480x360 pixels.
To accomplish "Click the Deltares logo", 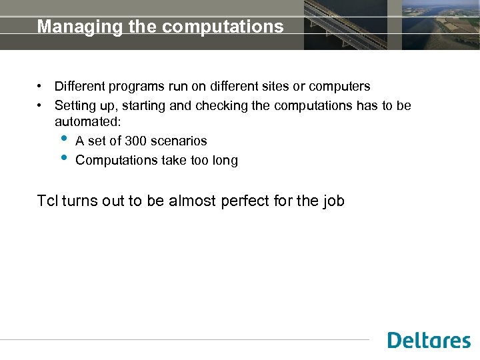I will tap(429, 340).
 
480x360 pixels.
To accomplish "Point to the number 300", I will tap(136, 141).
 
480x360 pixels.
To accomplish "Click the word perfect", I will tap(243, 201).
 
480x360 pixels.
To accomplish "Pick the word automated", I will tap(87, 123).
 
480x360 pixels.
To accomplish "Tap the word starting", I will tap(146, 105).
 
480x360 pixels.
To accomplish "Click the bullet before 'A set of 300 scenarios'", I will tap(63, 139).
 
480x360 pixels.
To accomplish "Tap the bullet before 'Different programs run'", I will tap(41, 86).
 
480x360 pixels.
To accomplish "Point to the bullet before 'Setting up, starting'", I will tap(41, 105).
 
